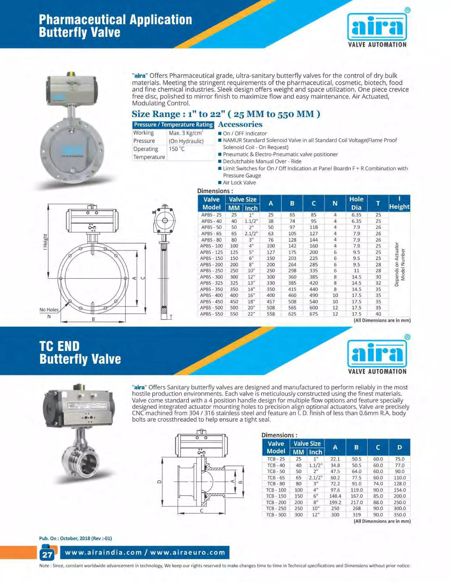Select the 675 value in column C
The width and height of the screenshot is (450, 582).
[x=314, y=314]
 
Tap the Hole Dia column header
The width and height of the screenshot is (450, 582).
[x=356, y=203]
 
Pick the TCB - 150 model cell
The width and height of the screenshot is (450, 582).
[x=276, y=496]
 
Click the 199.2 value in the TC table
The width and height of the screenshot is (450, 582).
[x=335, y=502]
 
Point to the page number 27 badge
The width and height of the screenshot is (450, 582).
[x=47, y=555]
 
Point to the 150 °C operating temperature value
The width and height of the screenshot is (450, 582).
[x=176, y=149]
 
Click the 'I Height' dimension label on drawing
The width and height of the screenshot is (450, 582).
[x=45, y=242]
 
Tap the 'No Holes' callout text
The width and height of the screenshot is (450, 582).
[x=49, y=310]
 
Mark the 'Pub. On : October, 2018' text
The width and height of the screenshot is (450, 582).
[x=75, y=538]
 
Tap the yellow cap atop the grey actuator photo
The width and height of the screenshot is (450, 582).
[x=71, y=74]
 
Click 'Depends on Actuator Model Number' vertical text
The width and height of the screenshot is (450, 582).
[x=400, y=264]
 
